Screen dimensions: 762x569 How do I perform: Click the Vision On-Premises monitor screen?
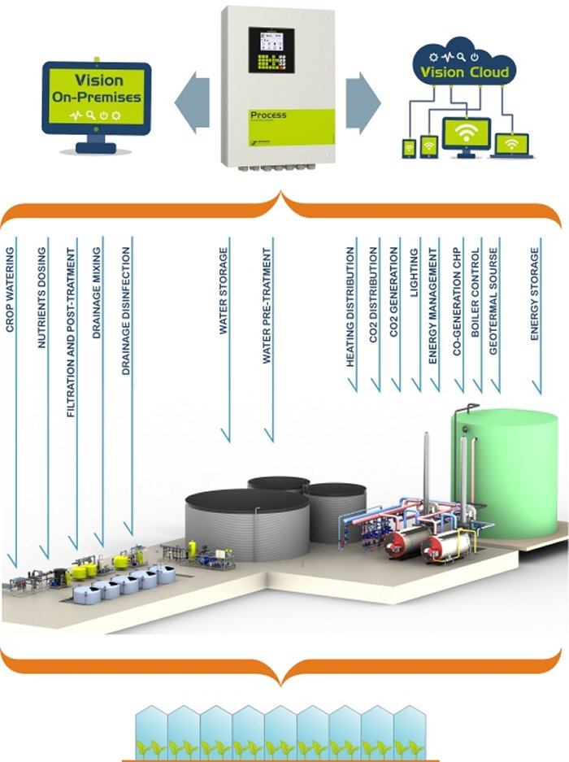pos(97,96)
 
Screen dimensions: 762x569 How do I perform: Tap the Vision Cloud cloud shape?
pos(463,64)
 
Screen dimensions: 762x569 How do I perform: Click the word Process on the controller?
pos(268,115)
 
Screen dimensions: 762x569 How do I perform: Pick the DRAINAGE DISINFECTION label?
pos(126,313)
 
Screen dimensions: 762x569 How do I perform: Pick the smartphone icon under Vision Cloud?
pos(409,149)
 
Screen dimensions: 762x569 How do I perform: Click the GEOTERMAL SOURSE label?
pos(495,305)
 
